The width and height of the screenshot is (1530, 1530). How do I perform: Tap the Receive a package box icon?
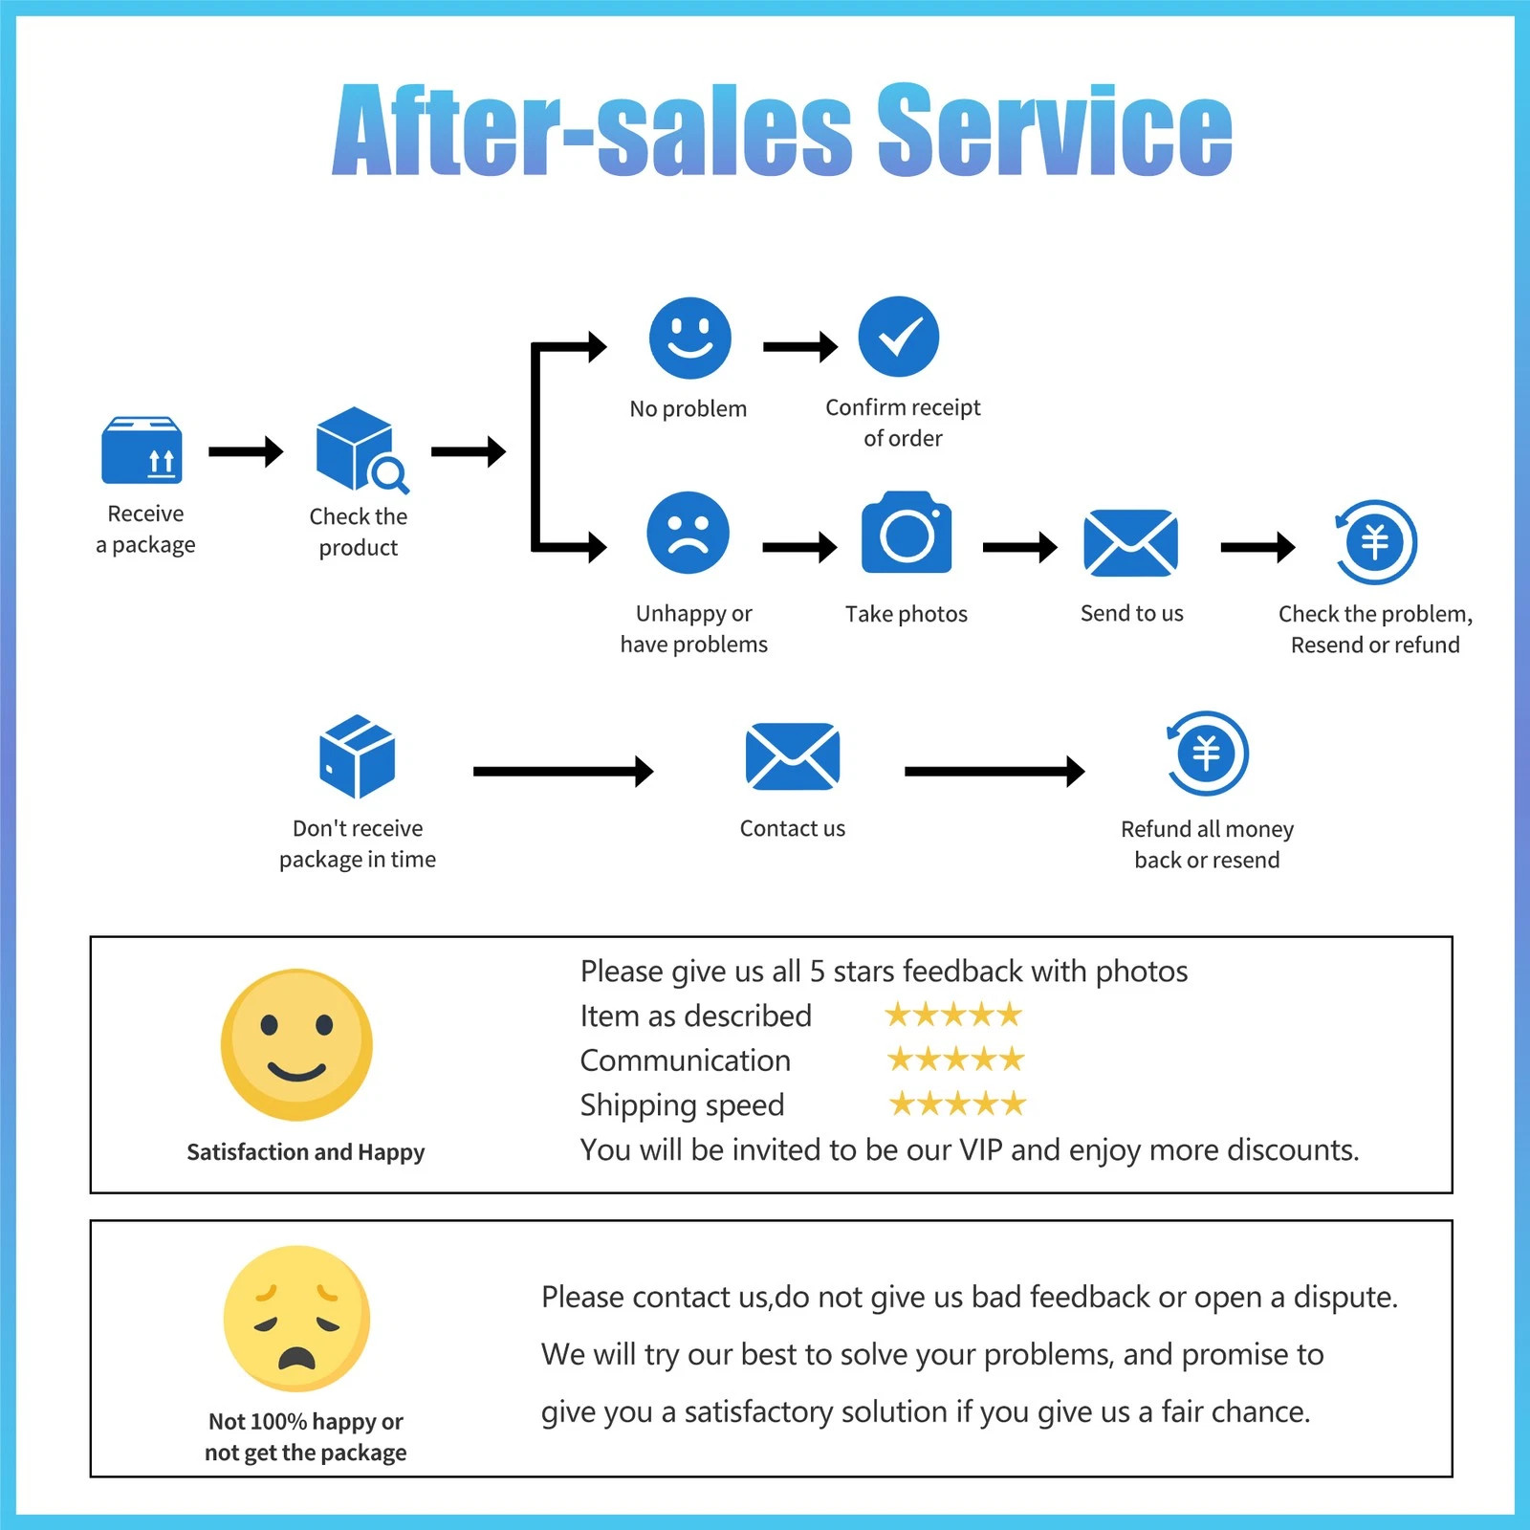(142, 450)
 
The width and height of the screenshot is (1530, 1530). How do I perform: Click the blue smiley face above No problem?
(689, 339)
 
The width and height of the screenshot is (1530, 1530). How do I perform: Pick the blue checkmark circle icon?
(899, 337)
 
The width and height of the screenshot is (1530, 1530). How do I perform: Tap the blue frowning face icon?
(688, 533)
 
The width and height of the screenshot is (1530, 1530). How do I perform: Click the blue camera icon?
(907, 532)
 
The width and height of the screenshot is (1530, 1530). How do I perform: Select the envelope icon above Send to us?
(1130, 543)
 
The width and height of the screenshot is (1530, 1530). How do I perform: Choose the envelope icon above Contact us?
(793, 756)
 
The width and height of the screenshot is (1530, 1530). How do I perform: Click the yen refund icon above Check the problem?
(1375, 542)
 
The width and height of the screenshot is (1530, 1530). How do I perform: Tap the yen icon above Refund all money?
(1207, 754)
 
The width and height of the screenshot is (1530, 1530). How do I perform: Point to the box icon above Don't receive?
(357, 756)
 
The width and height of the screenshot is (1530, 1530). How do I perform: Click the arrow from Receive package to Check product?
(246, 451)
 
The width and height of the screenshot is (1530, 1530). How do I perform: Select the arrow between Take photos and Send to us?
(1020, 547)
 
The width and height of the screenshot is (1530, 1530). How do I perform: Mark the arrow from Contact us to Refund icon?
(994, 771)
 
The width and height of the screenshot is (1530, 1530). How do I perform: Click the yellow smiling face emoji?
(296, 1045)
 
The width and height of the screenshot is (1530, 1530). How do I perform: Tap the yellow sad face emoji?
(296, 1319)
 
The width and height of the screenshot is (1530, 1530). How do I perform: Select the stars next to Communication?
(955, 1060)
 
